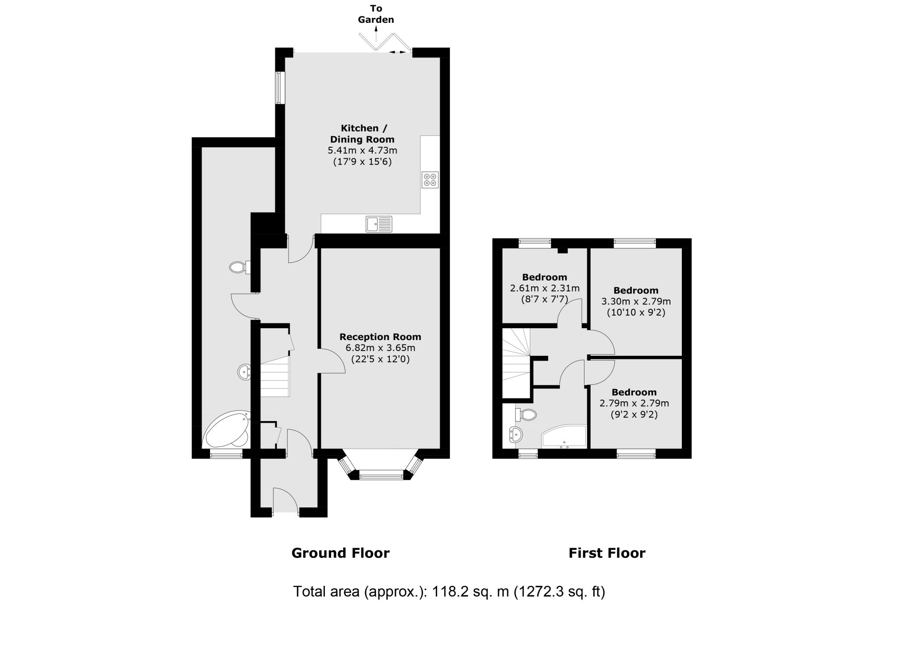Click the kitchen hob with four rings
[430, 180]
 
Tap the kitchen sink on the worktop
[379, 224]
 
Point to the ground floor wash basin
[244, 372]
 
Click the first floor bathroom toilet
[527, 414]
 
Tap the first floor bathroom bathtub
[564, 437]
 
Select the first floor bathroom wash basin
[516, 435]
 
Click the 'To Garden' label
[376, 14]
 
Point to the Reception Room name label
[380, 337]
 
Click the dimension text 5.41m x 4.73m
[362, 151]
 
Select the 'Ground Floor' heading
[340, 553]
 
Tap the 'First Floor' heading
[607, 553]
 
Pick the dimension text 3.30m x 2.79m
[636, 301]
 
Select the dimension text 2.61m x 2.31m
[545, 288]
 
